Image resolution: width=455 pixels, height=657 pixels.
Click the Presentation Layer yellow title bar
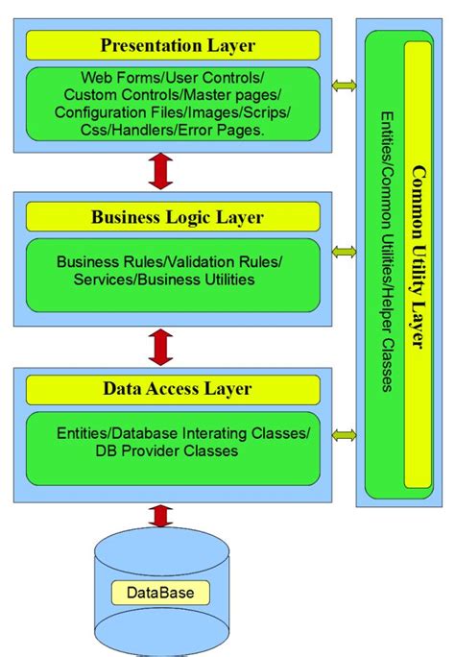tap(173, 44)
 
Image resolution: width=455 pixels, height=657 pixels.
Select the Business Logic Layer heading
tap(173, 217)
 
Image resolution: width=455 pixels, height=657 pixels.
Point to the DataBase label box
tap(159, 593)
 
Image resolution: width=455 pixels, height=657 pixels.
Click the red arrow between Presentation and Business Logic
tap(161, 172)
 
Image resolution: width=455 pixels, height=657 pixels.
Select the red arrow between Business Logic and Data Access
tap(161, 344)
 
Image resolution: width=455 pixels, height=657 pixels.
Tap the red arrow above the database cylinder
tap(161, 515)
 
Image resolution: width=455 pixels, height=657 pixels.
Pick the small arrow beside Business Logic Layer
tap(343, 252)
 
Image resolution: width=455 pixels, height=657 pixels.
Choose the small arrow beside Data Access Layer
tap(343, 436)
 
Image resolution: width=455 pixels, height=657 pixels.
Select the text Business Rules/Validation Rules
tap(170, 261)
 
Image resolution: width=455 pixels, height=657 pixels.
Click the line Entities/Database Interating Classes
tap(183, 433)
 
